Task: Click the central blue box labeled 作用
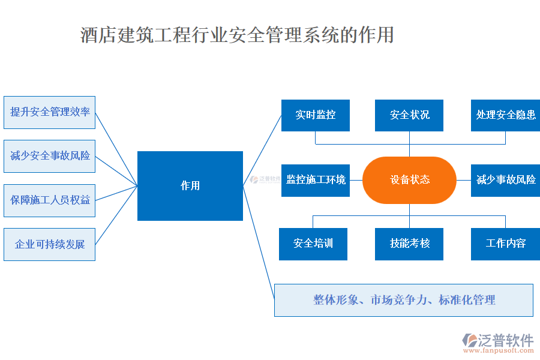[x=190, y=185]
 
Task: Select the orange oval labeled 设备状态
[x=410, y=180]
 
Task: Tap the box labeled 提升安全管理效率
[x=49, y=112]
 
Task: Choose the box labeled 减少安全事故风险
[x=49, y=156]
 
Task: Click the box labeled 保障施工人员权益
[x=49, y=200]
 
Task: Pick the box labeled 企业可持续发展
[x=49, y=244]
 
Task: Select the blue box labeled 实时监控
[x=316, y=115]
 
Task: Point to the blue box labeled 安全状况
[x=409, y=115]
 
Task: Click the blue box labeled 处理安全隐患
[x=505, y=115]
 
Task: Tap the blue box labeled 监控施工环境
[x=316, y=180]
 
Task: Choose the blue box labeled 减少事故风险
[x=505, y=180]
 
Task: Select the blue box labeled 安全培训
[x=313, y=244]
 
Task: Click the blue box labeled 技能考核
[x=409, y=244]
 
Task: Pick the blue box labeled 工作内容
[x=505, y=244]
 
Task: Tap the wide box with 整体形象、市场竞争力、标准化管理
[x=404, y=300]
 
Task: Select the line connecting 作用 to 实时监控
[x=263, y=149]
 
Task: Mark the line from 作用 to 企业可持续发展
[x=116, y=214]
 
